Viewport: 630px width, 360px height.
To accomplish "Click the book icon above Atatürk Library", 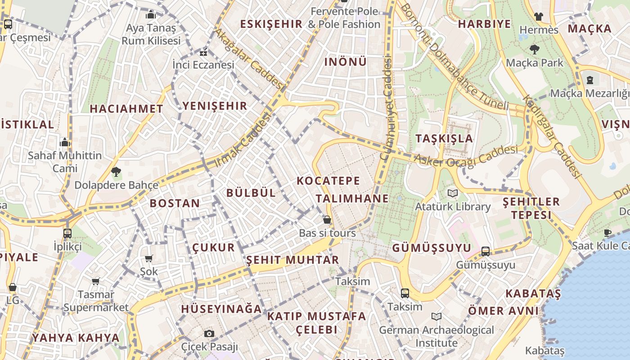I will pos(453,193).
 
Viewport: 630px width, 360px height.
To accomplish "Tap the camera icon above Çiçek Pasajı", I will pos(209,333).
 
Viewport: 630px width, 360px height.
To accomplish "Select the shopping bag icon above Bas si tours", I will pos(327,220).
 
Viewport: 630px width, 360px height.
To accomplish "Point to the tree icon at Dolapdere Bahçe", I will pos(116,171).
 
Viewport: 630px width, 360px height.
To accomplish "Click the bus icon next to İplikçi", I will pos(67,233).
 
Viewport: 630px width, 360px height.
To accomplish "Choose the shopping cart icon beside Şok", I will pos(149,258).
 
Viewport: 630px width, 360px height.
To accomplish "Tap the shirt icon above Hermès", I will pos(538,17).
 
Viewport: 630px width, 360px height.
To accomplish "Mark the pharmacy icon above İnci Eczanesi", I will pos(203,52).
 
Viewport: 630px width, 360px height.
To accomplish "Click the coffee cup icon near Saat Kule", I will pos(607,233).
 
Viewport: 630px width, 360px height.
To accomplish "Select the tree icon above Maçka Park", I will pos(535,49).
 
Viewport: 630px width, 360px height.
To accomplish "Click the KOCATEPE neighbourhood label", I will pos(328,181).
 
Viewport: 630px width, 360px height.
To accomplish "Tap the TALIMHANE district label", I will pos(352,198).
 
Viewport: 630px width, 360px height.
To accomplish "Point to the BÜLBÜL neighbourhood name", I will pos(251,193).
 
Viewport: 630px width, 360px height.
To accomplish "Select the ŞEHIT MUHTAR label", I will pos(292,260).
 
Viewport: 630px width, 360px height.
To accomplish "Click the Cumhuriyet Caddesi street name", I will pos(387,108).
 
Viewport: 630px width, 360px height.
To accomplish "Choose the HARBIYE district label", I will pos(484,24).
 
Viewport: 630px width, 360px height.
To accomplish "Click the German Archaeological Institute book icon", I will pos(436,316).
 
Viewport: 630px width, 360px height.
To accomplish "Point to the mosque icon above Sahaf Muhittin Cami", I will pos(65,143).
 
